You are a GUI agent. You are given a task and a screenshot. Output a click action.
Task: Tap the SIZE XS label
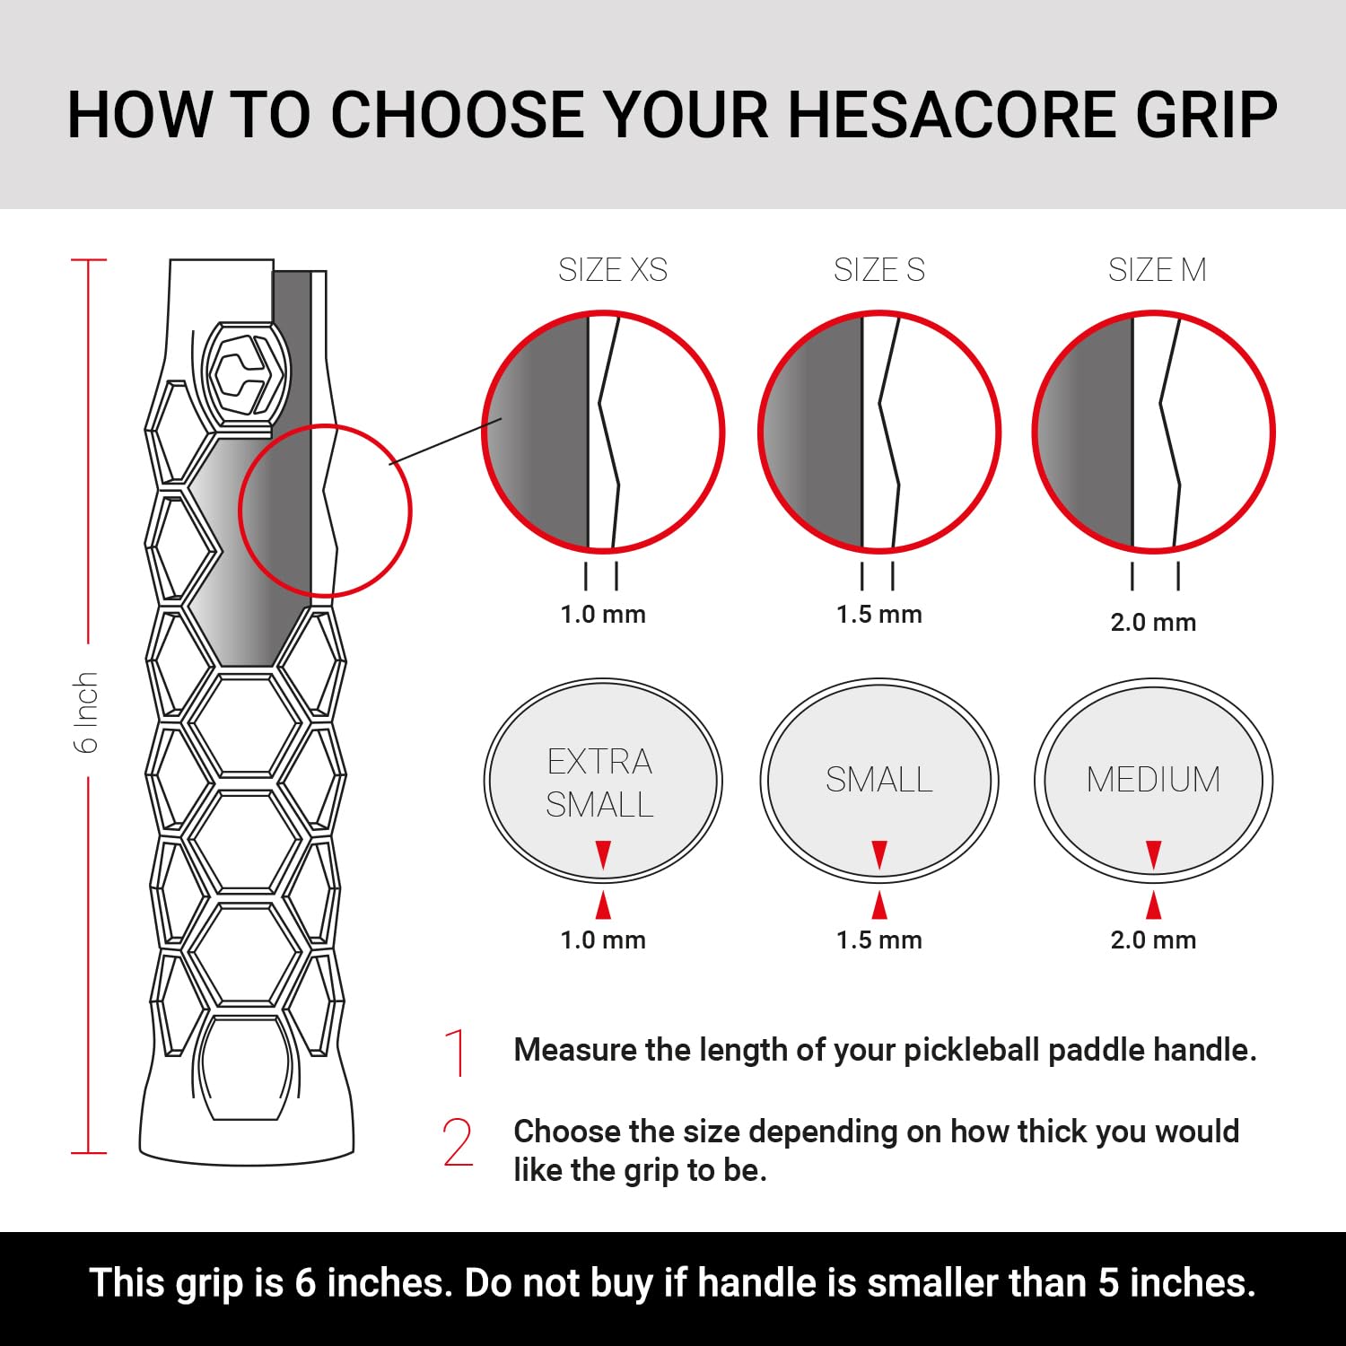(x=613, y=270)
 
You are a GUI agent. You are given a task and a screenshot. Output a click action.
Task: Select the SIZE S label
(x=878, y=270)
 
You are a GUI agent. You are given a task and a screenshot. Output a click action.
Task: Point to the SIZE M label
(x=1157, y=270)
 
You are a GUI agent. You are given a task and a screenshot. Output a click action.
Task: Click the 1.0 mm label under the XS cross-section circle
(x=603, y=615)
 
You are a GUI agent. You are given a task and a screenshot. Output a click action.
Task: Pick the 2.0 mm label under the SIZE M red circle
(x=1153, y=622)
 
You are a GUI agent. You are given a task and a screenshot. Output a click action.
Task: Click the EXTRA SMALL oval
(x=603, y=781)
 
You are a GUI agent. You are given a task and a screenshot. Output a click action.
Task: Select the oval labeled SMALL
(x=879, y=780)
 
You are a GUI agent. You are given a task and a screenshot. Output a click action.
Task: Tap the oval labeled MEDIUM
(x=1153, y=780)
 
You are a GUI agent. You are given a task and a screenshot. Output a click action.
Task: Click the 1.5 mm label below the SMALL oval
(x=879, y=940)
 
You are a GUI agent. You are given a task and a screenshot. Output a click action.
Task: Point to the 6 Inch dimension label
(x=85, y=712)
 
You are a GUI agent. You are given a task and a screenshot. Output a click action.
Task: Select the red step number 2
(x=458, y=1142)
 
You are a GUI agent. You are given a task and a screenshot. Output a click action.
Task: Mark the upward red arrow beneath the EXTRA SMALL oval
(x=603, y=905)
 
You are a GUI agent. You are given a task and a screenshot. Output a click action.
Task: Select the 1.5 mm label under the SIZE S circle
(x=879, y=615)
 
